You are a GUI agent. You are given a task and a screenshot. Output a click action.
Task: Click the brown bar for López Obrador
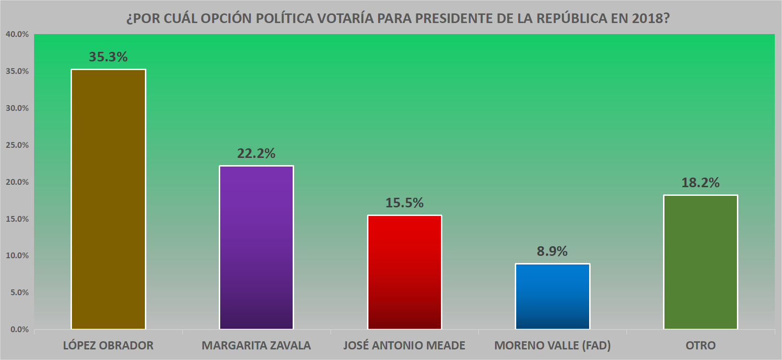[x=108, y=199]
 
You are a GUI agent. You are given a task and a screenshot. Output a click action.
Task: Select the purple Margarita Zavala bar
[x=256, y=247]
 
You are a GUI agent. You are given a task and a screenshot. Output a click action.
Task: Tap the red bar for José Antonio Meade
[x=404, y=272]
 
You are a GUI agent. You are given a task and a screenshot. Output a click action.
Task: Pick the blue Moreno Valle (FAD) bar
[x=552, y=296]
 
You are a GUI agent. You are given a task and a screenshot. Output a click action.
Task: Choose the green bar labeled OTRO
[x=700, y=262]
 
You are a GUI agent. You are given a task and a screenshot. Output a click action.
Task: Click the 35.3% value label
[x=108, y=57]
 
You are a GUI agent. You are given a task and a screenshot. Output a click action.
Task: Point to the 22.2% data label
[x=256, y=154]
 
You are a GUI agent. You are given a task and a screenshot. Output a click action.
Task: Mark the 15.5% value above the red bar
[x=404, y=203]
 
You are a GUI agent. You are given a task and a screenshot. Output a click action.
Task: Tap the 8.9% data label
[x=552, y=252]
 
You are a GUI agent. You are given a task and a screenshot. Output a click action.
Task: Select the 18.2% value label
[x=700, y=183]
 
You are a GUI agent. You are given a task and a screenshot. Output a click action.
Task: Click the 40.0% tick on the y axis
[x=17, y=35]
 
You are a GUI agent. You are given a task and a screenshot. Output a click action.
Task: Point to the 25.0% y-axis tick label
[x=17, y=145]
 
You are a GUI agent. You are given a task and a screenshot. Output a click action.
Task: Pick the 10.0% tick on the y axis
[x=17, y=255]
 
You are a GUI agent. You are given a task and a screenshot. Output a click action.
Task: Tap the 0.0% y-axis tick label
[x=19, y=329]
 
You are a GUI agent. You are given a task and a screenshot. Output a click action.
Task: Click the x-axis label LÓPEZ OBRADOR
[x=108, y=346]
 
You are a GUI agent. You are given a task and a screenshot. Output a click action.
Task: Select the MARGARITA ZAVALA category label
[x=256, y=346]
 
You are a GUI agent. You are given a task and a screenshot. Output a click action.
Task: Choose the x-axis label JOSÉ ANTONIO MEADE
[x=404, y=346]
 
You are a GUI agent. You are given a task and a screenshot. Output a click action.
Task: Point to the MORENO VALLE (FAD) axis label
[x=552, y=346]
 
